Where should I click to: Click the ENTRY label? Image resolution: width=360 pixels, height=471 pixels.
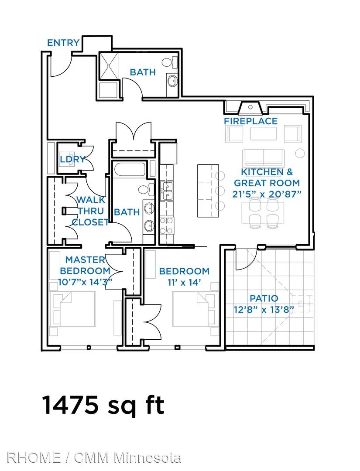63,43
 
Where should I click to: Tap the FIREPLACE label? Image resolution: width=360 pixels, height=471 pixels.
250,121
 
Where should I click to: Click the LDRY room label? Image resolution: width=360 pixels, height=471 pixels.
72,159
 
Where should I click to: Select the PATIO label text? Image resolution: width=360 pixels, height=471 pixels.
264,298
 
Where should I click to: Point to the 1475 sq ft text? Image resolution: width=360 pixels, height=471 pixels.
103,405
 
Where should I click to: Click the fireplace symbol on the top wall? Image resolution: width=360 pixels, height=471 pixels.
250,108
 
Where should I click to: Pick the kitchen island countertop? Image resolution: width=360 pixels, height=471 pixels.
208,191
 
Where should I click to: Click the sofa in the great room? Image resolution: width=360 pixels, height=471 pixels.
264,158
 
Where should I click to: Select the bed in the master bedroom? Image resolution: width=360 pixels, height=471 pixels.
73,309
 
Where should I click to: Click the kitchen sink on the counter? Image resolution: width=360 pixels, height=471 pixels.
166,191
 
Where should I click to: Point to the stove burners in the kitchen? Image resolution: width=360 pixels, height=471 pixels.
167,225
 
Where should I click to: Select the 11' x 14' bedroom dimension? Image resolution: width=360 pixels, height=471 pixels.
184,282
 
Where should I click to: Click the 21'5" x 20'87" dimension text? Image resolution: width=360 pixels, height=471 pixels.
267,194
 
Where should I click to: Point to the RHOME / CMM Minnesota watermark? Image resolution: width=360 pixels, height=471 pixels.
94,458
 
